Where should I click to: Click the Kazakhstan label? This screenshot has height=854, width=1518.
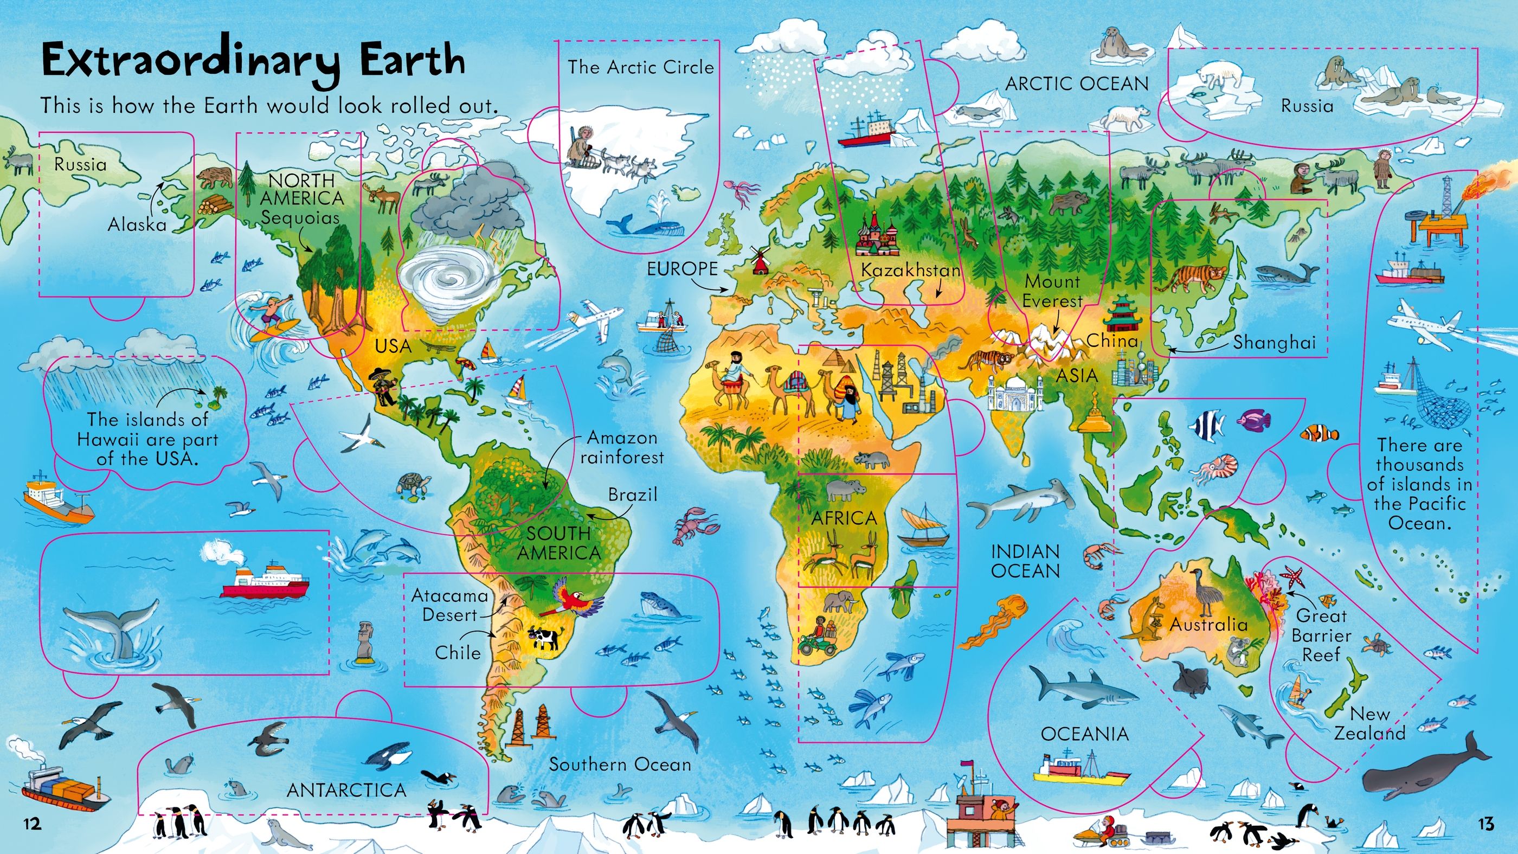910,270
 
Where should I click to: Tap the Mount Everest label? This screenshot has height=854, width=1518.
1052,291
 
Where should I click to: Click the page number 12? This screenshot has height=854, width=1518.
33,823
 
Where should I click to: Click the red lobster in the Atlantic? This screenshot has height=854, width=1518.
696,524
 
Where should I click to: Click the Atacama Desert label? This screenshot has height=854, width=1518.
449,605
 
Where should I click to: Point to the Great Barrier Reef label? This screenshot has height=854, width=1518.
1321,635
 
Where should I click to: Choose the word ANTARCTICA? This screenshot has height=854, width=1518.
346,791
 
